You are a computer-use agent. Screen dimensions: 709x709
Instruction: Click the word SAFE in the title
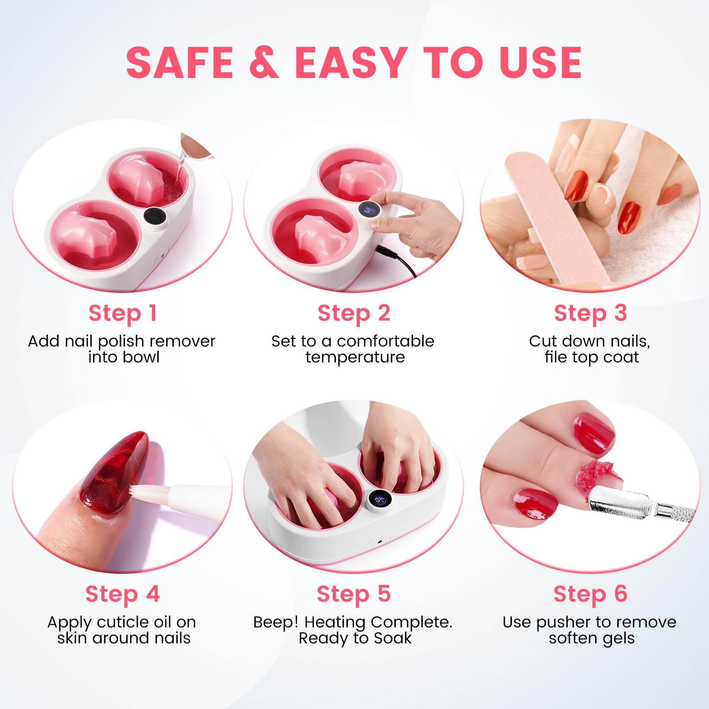pyautogui.click(x=179, y=62)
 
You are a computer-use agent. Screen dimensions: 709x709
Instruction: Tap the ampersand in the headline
pyautogui.click(x=265, y=62)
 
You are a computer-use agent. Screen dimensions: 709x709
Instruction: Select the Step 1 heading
pyautogui.click(x=123, y=313)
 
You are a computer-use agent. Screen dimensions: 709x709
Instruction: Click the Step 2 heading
pyautogui.click(x=354, y=313)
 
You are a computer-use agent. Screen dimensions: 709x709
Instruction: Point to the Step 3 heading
pyautogui.click(x=590, y=313)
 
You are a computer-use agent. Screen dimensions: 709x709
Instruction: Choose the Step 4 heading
pyautogui.click(x=122, y=594)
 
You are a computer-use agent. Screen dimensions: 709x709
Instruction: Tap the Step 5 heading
pyautogui.click(x=354, y=594)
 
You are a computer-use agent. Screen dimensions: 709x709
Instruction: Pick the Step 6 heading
pyautogui.click(x=590, y=594)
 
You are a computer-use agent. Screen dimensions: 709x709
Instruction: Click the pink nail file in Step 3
pyautogui.click(x=558, y=217)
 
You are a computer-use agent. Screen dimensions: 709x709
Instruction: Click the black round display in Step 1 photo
pyautogui.click(x=155, y=217)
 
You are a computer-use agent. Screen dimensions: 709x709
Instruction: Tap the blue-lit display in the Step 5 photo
pyautogui.click(x=379, y=499)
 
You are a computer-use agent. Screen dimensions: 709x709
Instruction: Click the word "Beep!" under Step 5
pyautogui.click(x=276, y=623)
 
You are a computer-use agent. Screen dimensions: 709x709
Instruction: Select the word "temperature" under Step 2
pyautogui.click(x=355, y=358)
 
